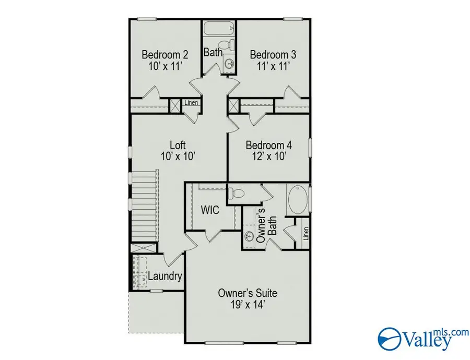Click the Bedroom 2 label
point(165,55)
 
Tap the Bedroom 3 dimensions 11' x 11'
point(273,66)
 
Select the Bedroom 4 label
point(268,145)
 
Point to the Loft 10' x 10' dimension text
point(178,156)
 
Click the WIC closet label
point(210,210)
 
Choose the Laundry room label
point(165,276)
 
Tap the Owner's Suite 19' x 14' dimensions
point(248,305)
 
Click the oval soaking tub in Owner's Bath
point(298,199)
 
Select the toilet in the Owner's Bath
point(236,193)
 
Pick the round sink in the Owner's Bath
point(249,236)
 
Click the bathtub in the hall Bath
point(219,29)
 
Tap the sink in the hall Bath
point(230,64)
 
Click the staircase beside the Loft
point(145,206)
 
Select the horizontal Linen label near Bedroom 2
point(191,103)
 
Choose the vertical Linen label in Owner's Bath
point(305,234)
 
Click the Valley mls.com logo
point(423,339)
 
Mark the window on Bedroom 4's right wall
point(310,148)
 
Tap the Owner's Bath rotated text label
point(266,225)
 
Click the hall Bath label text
point(213,52)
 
